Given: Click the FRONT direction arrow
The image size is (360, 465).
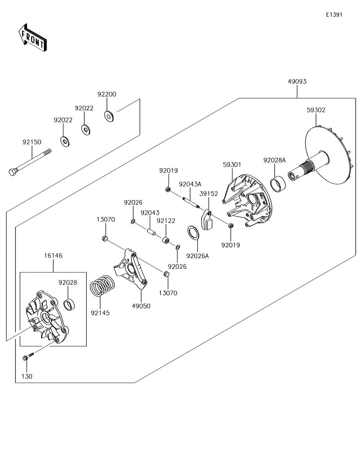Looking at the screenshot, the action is pos(32,37).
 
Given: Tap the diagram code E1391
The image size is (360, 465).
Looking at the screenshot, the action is pos(334,14).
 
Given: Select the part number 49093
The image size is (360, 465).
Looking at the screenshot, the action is pos(297,82).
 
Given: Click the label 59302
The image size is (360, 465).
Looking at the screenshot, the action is pos(316,110).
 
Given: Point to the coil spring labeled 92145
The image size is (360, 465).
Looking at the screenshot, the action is pos(102,285).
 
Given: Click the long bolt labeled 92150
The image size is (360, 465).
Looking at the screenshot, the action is pos(30,162).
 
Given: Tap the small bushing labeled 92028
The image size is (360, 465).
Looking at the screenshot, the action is pos(69,305).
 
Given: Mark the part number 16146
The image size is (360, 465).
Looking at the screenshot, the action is pos(53,256).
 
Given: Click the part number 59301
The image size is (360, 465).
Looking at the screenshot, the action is pos(232,164).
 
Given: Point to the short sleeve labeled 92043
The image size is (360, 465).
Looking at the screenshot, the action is pos(151,232).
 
